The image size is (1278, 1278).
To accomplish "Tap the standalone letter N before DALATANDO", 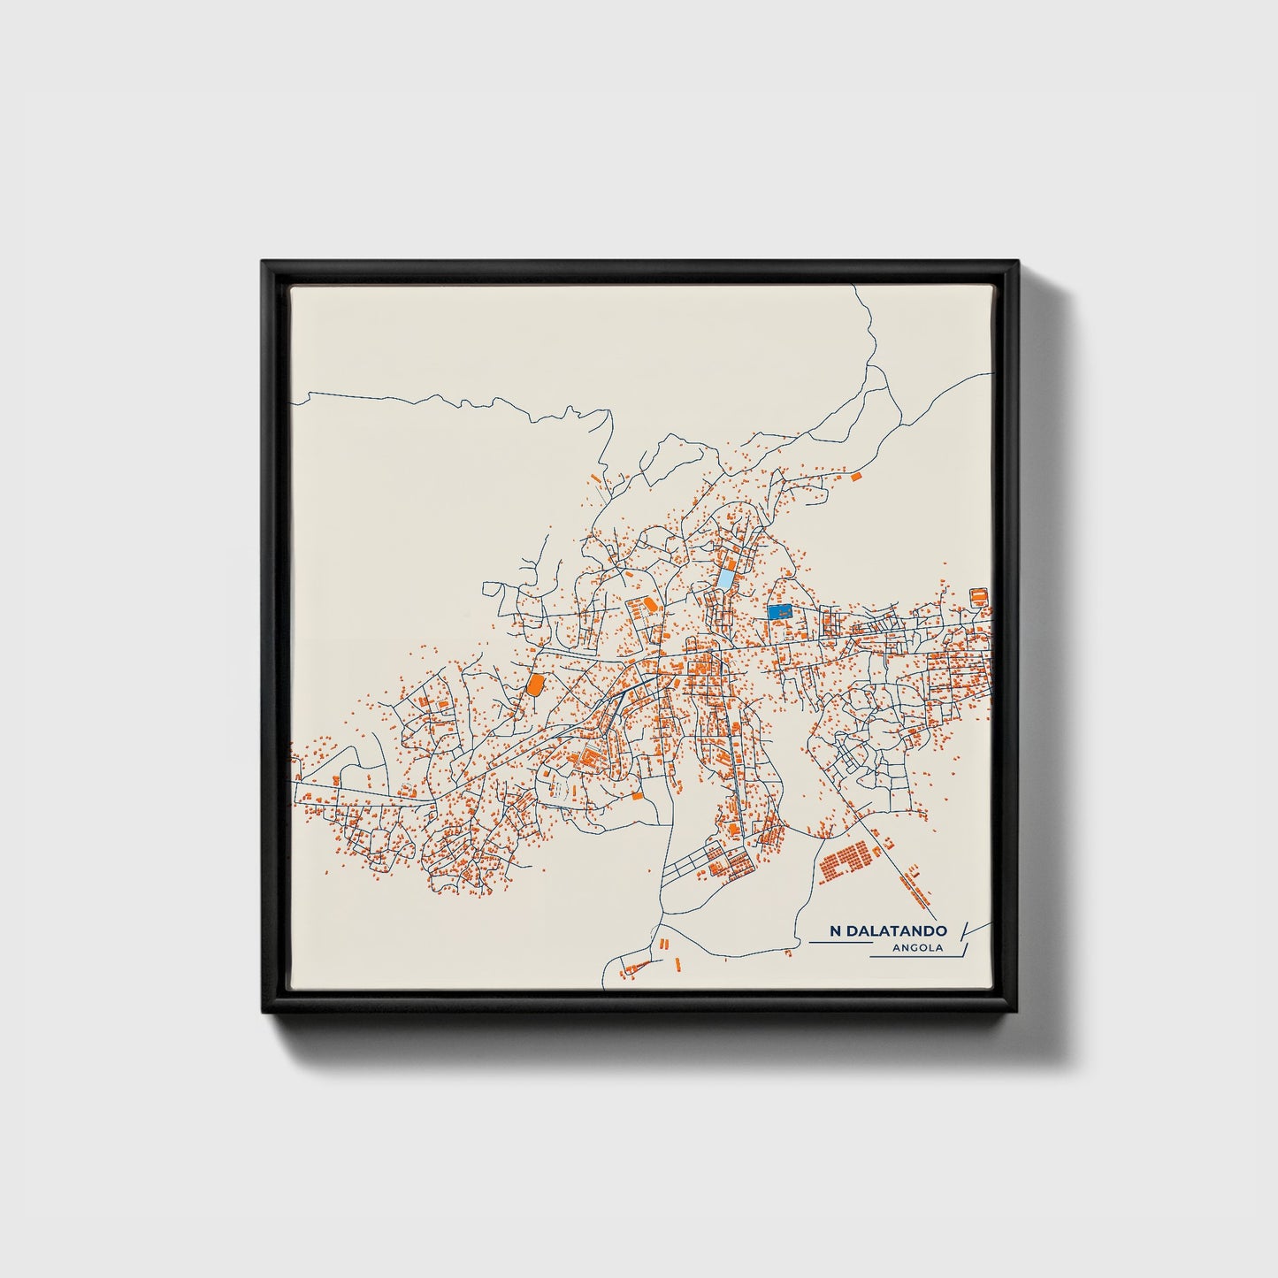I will (x=835, y=930).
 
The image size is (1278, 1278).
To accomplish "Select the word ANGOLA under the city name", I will (x=919, y=948).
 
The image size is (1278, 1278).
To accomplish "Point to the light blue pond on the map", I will (x=725, y=579).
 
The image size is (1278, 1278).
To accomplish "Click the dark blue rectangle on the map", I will (x=779, y=611).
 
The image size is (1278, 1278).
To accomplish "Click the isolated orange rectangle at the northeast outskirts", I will (x=855, y=476).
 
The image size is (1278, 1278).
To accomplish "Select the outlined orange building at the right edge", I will (x=978, y=596).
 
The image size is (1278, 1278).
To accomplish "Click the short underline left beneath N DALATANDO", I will (x=839, y=943).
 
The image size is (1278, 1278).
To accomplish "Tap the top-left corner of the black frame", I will (x=264, y=263).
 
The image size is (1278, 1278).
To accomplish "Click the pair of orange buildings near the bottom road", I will (x=662, y=944).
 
